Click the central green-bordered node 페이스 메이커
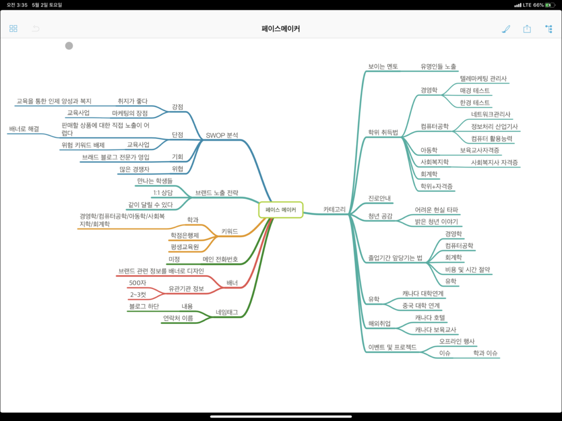280,210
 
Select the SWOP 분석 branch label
222,135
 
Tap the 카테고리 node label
335,209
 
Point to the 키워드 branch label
230,231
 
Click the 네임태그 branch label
227,312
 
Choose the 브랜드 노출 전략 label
216,192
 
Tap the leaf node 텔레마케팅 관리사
483,79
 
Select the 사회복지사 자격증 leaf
494,162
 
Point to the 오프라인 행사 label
457,341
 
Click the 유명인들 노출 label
438,67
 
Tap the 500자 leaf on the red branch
138,283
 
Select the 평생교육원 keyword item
185,247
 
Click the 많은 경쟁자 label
138,169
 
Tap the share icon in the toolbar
527,28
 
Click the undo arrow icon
35,28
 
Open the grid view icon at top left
13,28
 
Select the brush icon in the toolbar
506,28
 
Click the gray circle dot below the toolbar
69,46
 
